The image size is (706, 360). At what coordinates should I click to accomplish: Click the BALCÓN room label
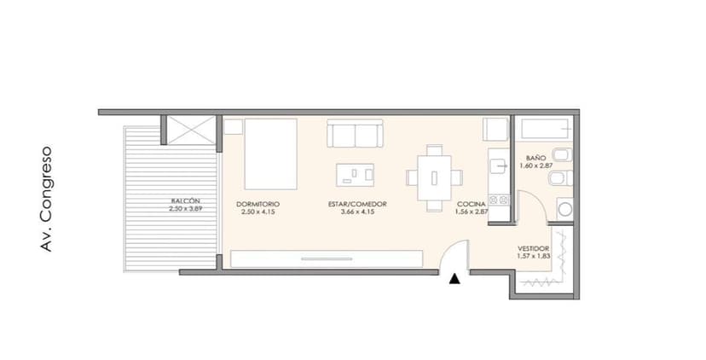[185, 201]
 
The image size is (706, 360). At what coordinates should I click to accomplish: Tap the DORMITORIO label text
[258, 204]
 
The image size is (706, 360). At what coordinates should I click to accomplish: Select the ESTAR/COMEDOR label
[357, 204]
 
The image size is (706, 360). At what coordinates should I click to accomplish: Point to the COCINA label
[471, 204]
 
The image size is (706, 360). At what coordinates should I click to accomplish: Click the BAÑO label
[535, 158]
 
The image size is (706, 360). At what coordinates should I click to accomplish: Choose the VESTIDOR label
[534, 248]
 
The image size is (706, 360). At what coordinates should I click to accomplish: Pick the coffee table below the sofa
[355, 174]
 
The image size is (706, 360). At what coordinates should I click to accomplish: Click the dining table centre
[435, 178]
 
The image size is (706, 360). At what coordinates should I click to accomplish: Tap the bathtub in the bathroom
[545, 130]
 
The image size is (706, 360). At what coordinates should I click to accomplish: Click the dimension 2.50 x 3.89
[185, 209]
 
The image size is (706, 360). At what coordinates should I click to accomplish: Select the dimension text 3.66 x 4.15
[357, 212]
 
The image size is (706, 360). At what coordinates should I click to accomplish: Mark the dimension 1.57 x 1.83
[534, 256]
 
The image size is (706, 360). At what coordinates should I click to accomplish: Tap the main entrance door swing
[459, 255]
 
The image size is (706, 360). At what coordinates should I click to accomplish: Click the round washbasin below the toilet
[564, 208]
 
